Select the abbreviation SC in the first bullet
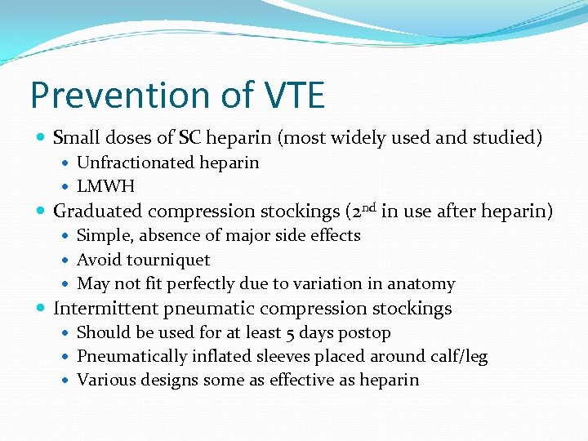[194, 138]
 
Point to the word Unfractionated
[133, 163]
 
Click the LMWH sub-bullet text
[105, 187]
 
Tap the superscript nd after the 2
[367, 207]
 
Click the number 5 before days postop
[291, 333]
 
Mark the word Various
[105, 381]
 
